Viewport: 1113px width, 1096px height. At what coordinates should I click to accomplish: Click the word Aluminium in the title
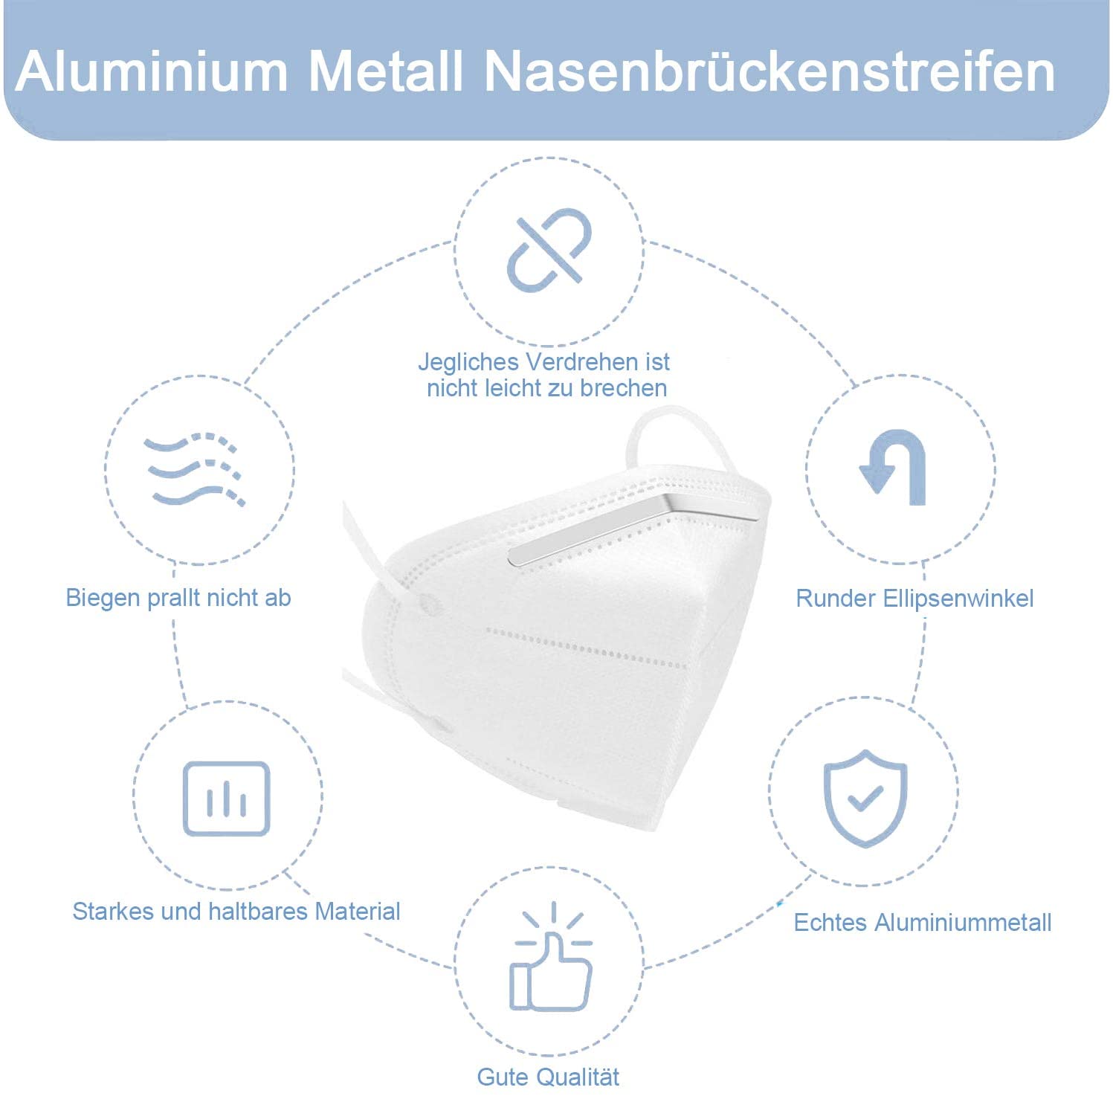point(152,71)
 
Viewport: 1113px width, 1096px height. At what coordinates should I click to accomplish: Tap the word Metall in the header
point(387,71)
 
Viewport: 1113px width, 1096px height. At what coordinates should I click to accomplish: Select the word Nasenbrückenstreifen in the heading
point(770,71)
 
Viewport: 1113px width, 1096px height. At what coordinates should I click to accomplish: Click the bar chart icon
point(227,799)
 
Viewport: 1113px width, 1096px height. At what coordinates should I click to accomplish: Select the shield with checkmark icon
point(865,798)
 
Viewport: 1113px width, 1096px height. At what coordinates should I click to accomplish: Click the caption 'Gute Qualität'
point(548,1077)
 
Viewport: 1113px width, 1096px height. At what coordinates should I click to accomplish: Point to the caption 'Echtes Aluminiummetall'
point(923,923)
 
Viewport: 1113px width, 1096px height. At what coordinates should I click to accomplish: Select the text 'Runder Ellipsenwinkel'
point(914,599)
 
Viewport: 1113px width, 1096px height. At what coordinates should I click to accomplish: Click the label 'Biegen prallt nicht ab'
point(178,598)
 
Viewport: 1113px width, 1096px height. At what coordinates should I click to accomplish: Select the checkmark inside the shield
point(865,798)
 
